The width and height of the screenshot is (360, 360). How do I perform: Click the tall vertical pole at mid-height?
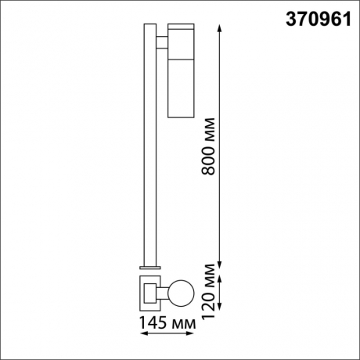coord(149,149)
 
